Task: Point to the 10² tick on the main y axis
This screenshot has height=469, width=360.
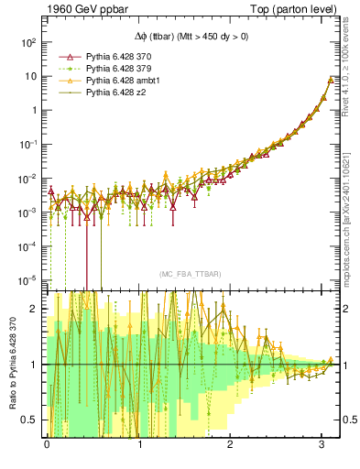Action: click(x=27, y=42)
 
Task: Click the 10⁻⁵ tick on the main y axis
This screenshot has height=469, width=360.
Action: click(x=27, y=279)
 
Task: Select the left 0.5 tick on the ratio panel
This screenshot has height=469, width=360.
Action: click(x=28, y=420)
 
